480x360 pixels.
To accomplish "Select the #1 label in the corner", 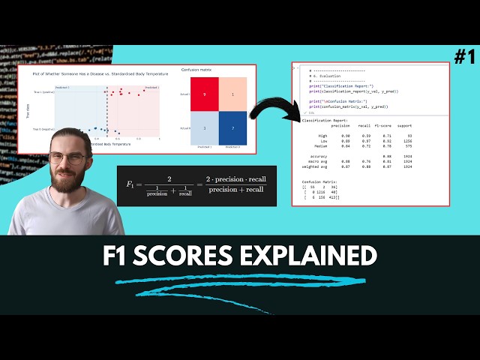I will click(x=464, y=56).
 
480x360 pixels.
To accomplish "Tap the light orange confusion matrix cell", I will click(x=233, y=94).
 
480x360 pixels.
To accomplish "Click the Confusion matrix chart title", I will click(x=196, y=70).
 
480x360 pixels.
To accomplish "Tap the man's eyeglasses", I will click(x=68, y=159).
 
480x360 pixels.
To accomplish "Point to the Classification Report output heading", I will click(x=323, y=121).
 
